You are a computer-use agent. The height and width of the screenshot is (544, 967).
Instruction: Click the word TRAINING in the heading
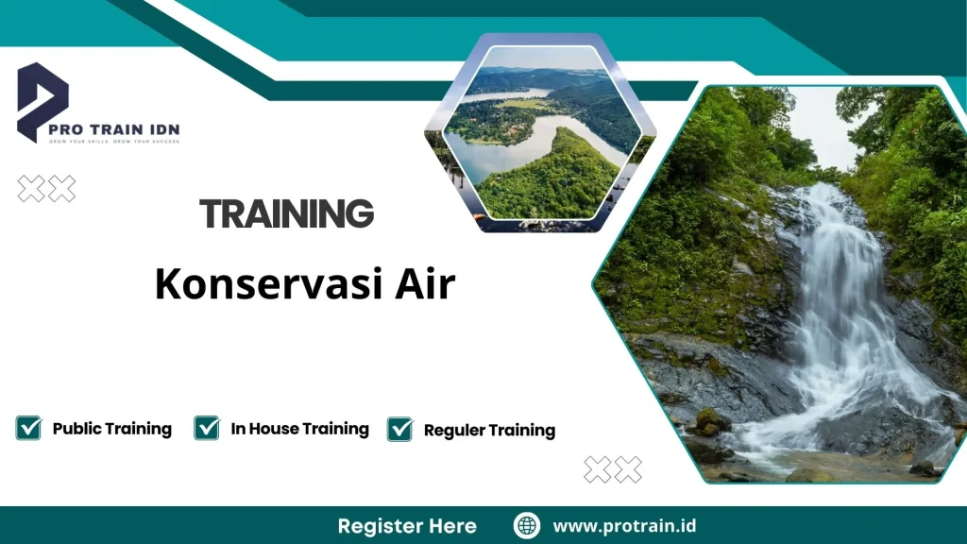coord(287,214)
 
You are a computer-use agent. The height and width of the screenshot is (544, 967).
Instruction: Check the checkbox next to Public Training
coord(28,428)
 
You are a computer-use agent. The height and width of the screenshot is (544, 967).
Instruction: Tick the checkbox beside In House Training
coord(207,428)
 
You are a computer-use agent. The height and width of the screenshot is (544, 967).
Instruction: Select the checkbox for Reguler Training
coord(400,429)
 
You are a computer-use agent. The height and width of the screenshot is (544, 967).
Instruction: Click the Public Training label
coord(111,429)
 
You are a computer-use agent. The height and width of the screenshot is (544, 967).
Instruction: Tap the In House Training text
coord(299,429)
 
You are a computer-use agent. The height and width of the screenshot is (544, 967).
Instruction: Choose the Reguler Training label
coord(489,431)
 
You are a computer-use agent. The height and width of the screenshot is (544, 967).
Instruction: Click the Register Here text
coord(407,526)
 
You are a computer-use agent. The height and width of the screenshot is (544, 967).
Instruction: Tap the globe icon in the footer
coord(527,526)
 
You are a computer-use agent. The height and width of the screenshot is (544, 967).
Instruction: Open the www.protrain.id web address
coord(624,526)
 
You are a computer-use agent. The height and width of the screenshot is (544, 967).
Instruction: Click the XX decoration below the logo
coord(47,189)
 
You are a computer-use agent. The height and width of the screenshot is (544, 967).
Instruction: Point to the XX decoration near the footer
coord(612,468)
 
